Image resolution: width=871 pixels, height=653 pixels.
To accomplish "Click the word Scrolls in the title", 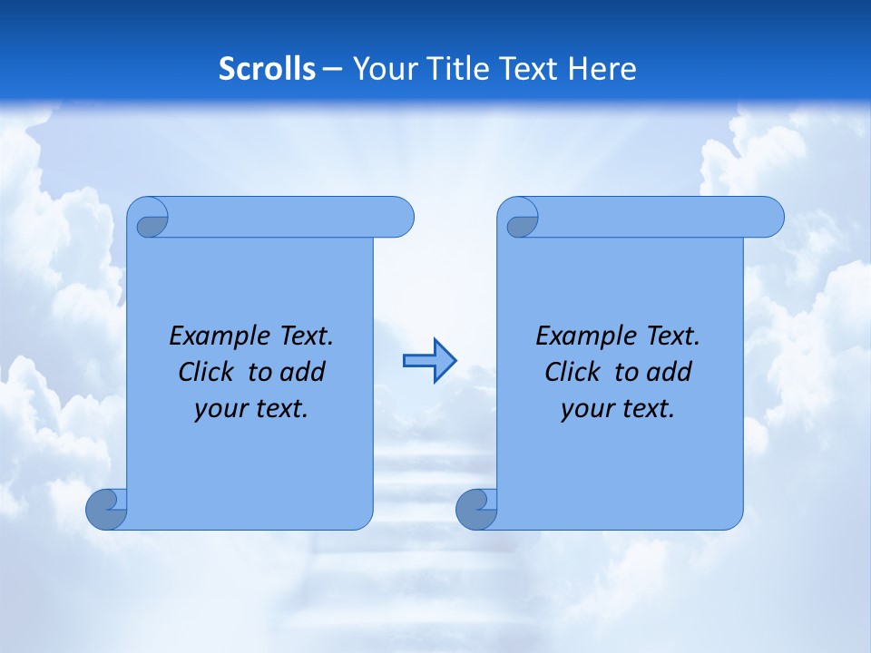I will point(268,68).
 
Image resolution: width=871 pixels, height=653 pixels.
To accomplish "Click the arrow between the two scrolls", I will point(429,361).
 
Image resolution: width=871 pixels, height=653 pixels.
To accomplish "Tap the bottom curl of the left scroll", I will point(106,510).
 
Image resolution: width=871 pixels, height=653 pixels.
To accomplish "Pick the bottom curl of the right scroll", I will point(476,510).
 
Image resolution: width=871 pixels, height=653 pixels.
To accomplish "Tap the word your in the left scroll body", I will point(220,409).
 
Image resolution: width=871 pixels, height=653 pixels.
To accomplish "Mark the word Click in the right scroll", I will point(573,372).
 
